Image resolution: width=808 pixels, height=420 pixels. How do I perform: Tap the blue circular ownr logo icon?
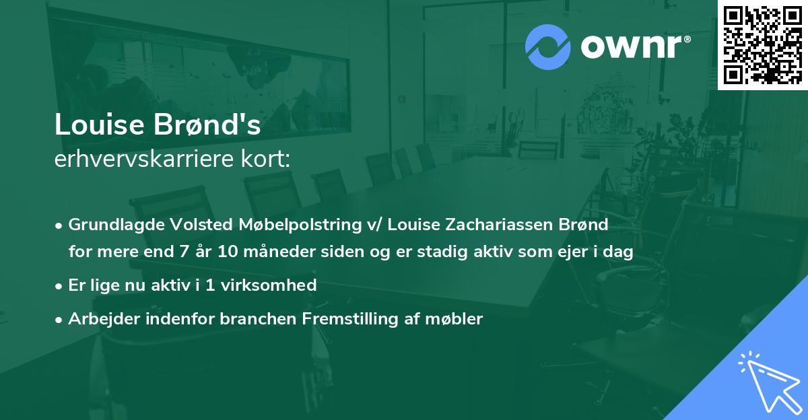547,47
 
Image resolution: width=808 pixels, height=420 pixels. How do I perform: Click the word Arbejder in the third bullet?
101,319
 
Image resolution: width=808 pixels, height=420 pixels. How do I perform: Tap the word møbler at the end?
459,319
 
